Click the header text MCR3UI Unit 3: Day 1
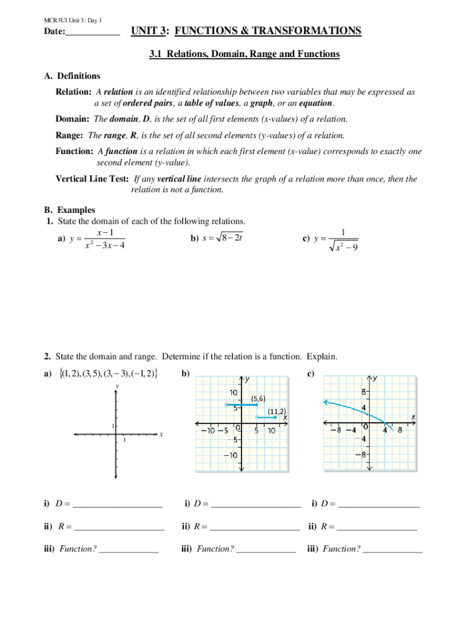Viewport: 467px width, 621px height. [72, 21]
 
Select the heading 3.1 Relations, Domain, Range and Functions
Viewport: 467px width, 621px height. [244, 54]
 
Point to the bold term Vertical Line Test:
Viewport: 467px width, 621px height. [92, 179]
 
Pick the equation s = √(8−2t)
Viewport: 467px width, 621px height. [217, 238]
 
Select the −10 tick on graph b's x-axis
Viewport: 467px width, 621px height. [207, 431]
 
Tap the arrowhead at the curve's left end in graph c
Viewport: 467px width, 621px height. [326, 401]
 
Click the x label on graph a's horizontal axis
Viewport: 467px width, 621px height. [161, 434]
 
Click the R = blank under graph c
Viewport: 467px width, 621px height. [377, 526]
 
